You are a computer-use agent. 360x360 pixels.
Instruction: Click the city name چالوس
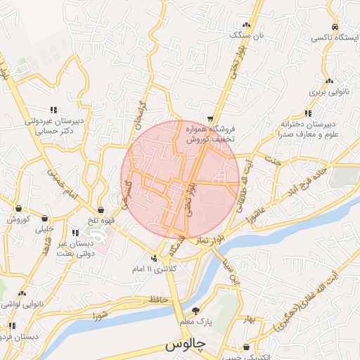point(184,347)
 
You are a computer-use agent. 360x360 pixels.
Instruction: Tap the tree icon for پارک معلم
point(196,311)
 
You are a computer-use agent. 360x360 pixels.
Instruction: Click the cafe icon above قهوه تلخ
point(101,210)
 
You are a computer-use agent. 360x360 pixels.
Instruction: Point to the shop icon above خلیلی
point(45,219)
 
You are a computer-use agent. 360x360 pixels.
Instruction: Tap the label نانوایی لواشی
point(21,304)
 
